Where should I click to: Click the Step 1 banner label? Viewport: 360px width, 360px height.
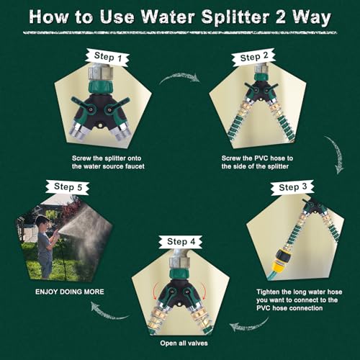coord(107,57)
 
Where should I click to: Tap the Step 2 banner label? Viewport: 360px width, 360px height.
coord(253,58)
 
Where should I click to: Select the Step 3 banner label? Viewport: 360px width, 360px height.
coord(292,187)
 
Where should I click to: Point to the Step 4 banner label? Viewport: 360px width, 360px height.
coord(181,242)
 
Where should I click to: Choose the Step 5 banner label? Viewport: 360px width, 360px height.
coord(68,186)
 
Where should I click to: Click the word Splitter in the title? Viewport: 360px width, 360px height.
coord(235,17)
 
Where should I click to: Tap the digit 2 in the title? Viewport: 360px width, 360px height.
coord(281,17)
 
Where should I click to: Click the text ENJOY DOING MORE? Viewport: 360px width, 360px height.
coord(70,292)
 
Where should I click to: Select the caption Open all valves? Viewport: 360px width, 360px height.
coord(184,343)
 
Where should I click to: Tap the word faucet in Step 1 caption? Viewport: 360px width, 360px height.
coord(135,166)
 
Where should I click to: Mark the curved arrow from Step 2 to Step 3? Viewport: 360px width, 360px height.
coord(336,153)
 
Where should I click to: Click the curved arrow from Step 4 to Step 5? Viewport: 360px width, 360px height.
coord(108,313)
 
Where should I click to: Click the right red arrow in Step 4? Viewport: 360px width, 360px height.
coord(204,290)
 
